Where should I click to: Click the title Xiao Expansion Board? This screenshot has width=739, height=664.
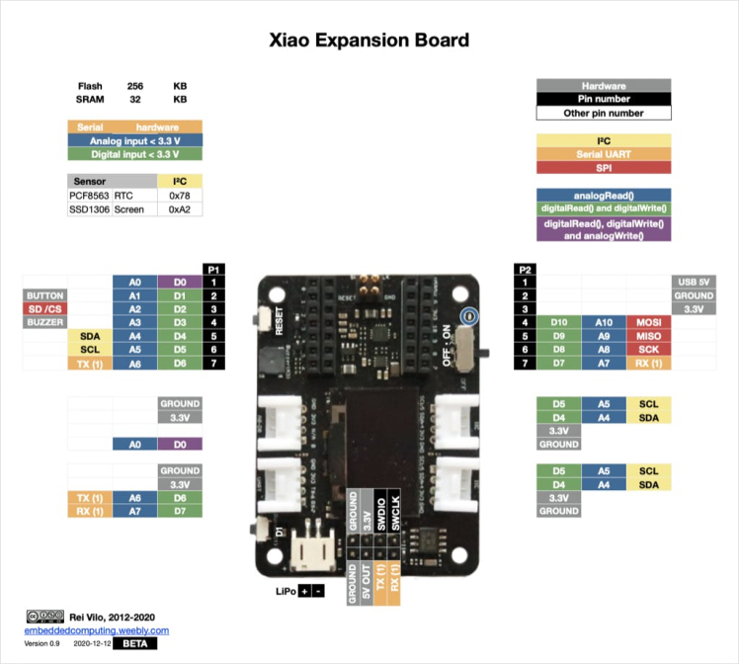coord(369,41)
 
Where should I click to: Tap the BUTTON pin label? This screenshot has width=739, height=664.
coord(44,295)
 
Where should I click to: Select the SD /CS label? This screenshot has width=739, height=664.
coord(44,309)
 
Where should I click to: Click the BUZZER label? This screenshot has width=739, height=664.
coord(44,322)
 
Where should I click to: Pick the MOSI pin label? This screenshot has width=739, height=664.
coord(649,322)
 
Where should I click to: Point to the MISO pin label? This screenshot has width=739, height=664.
coord(649,336)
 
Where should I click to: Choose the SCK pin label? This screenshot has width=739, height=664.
coord(649,350)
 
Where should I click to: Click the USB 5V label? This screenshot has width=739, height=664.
coord(693,282)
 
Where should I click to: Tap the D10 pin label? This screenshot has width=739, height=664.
coord(558,322)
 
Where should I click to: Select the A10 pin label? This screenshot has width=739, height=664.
coord(604,322)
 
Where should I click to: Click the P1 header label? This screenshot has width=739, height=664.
coord(213,269)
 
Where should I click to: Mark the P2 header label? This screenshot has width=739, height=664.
coord(526,269)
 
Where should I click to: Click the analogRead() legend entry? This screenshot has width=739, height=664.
coord(604,195)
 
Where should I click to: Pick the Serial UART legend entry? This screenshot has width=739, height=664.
coord(604,153)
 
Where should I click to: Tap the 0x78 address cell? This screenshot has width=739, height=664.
coord(180,196)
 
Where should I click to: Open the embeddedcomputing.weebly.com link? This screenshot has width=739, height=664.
coord(97,630)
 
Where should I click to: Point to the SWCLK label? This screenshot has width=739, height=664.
coord(395,512)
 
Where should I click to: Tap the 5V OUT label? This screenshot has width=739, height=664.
coord(366,581)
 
